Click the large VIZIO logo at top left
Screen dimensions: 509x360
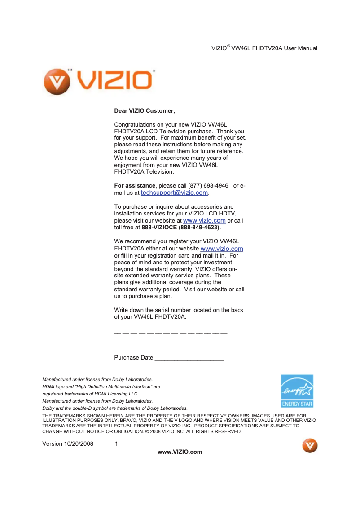[x=98, y=81]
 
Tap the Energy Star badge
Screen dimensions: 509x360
[x=297, y=391]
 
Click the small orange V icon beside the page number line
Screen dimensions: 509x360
[x=310, y=446]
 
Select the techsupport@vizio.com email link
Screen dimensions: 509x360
[x=174, y=193]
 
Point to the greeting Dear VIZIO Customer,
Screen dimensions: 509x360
[x=144, y=110]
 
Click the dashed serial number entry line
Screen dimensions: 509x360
[x=171, y=333]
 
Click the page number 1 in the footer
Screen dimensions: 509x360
[x=116, y=444]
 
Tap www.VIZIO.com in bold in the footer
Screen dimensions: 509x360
[x=180, y=452]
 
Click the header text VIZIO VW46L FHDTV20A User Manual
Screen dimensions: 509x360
[x=264, y=48]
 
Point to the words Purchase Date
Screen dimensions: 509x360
[x=133, y=358]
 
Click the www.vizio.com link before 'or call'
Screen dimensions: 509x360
[x=204, y=220]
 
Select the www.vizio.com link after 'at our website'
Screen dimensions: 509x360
[x=222, y=249]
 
